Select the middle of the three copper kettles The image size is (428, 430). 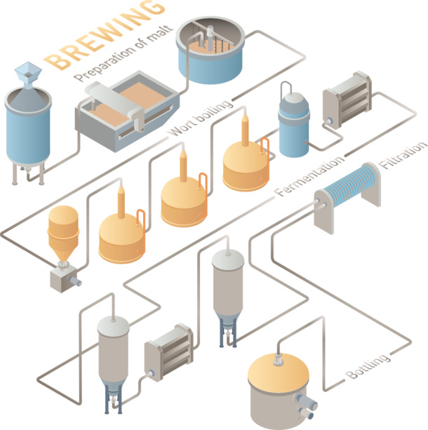[183, 200]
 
